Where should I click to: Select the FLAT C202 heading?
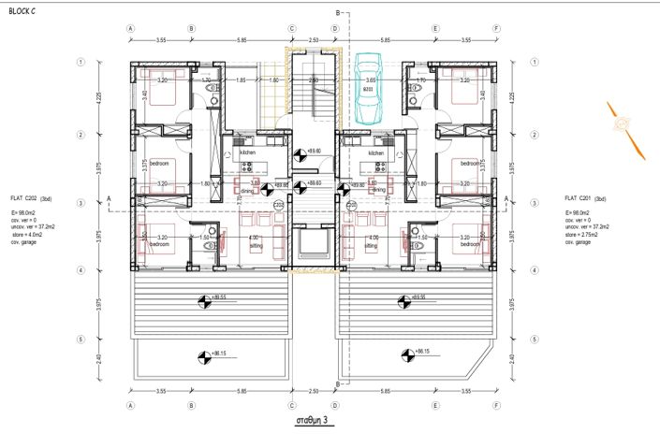[x=31, y=199]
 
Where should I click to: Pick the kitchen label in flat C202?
[x=247, y=152]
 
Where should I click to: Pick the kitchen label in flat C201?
[x=376, y=152]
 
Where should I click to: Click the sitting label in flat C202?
[x=254, y=246]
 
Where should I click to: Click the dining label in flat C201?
[x=378, y=190]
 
